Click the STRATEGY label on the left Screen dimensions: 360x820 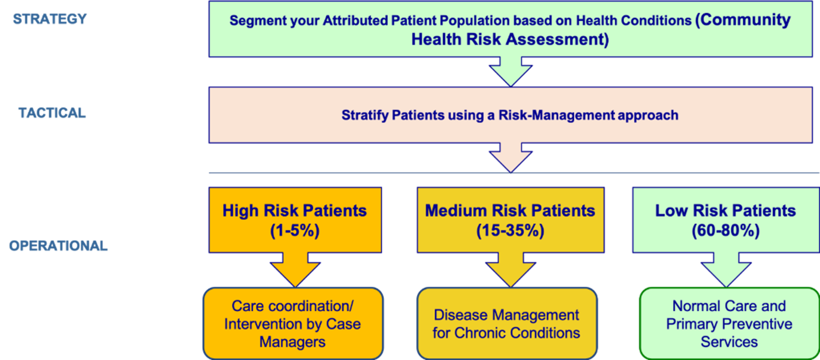click(50, 19)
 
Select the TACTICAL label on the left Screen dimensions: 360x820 click(52, 113)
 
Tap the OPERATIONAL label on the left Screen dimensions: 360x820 click(58, 246)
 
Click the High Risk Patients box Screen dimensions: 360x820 click(295, 220)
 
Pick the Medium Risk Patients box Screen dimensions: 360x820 click(510, 220)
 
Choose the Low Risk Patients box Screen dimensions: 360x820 click(725, 220)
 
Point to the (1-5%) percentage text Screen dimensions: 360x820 click(295, 231)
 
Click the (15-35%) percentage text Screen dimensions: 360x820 click(510, 231)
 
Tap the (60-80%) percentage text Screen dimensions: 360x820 click(725, 231)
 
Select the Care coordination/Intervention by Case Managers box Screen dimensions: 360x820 click(292, 324)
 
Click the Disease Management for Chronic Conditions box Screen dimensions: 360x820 click(506, 324)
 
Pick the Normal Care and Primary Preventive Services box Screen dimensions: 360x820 click(729, 324)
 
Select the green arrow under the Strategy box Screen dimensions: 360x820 click(510, 72)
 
